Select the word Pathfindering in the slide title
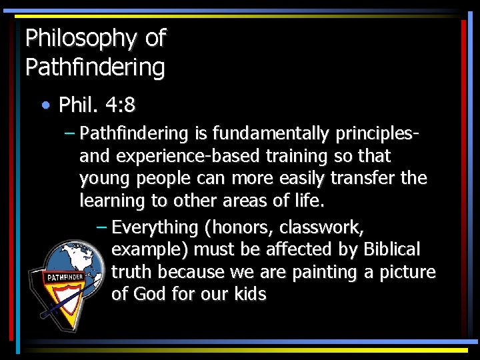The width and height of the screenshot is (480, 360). click(95, 67)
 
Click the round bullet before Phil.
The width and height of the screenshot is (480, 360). click(45, 105)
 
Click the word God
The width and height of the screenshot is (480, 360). click(149, 295)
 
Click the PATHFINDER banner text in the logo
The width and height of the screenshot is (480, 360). click(64, 277)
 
